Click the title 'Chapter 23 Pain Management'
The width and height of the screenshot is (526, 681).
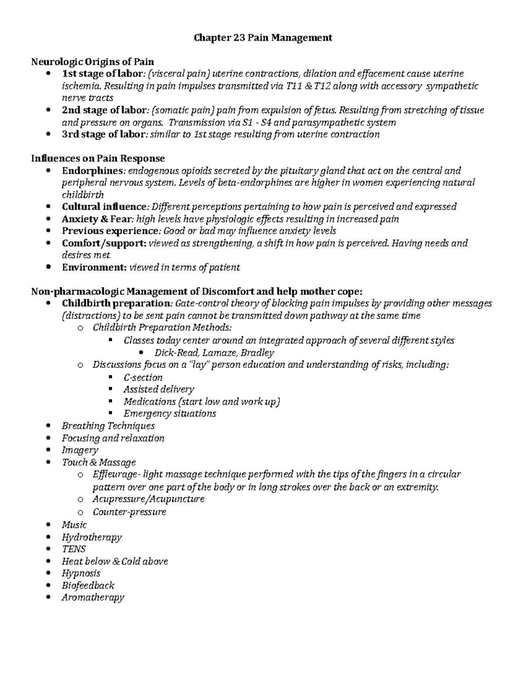pos(263,38)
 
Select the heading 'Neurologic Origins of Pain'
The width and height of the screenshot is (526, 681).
pos(92,61)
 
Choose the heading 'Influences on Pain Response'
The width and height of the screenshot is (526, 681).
pos(98,158)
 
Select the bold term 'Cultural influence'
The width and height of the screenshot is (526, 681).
pos(104,207)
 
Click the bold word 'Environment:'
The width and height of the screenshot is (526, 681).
pos(94,267)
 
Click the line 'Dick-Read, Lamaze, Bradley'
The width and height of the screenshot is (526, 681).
pos(214,353)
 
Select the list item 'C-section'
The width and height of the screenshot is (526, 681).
pos(143,377)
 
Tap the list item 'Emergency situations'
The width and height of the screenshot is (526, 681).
pos(170,414)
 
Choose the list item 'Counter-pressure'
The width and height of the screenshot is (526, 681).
pos(129,512)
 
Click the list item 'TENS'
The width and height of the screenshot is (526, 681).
pos(74,549)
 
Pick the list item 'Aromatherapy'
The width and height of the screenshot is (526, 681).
pos(93,597)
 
